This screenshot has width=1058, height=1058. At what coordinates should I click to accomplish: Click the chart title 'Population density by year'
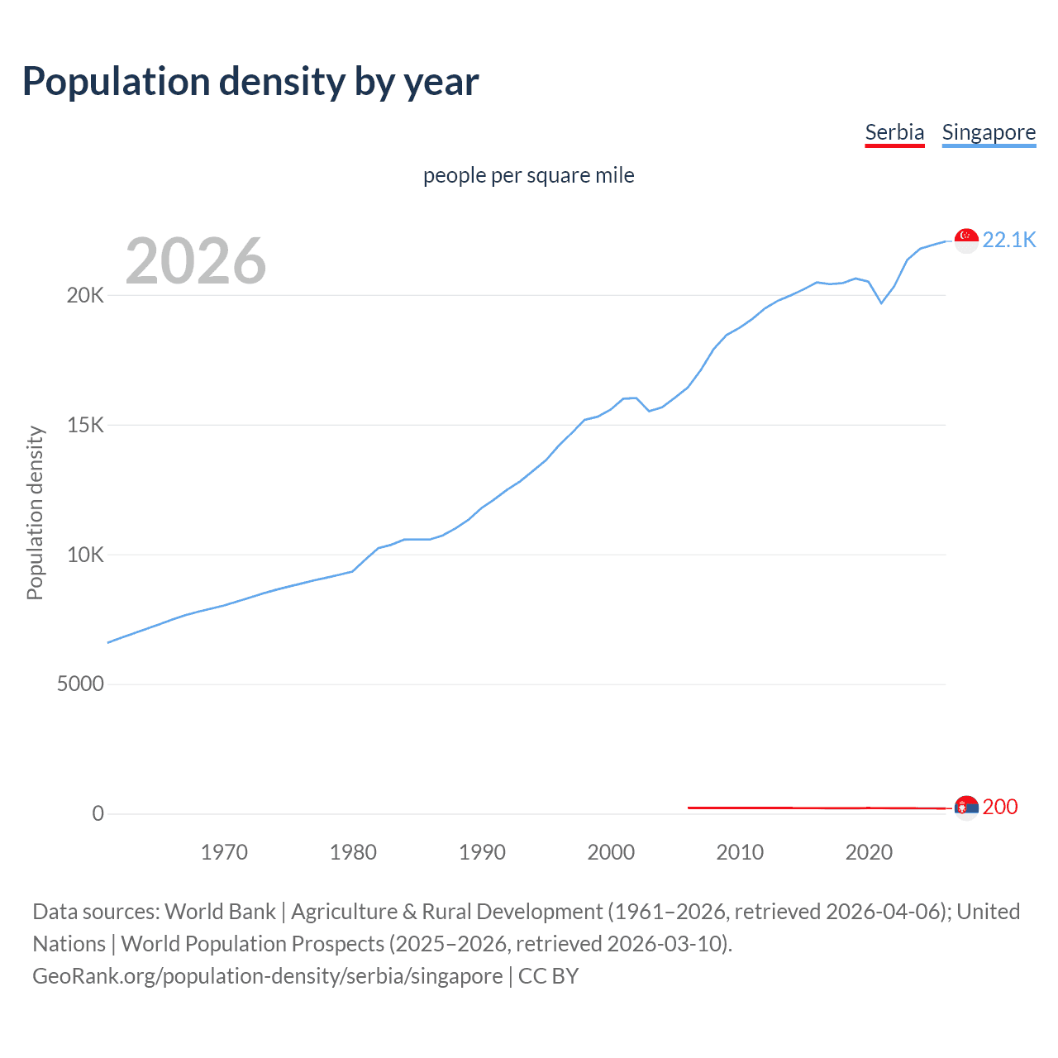[x=250, y=82]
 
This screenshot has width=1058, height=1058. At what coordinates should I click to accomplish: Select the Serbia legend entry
[x=894, y=132]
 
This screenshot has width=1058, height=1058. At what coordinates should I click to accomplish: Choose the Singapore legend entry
[x=989, y=132]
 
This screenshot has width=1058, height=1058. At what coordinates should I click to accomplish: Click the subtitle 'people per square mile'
[x=529, y=175]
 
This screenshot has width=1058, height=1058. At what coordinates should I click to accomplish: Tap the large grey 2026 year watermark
[x=196, y=261]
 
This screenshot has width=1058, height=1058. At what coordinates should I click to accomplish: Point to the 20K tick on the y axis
[x=85, y=295]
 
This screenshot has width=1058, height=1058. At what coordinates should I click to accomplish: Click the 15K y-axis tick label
[x=85, y=425]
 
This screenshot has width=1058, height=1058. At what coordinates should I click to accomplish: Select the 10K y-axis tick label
[x=85, y=555]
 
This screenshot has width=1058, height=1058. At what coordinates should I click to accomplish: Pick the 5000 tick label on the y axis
[x=80, y=684]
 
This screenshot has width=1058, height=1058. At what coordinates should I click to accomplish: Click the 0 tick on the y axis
[x=98, y=813]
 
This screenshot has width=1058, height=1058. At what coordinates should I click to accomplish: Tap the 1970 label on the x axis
[x=224, y=852]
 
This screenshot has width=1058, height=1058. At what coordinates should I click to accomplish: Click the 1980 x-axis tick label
[x=353, y=852]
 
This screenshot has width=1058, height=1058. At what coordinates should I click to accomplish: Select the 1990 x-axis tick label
[x=482, y=852]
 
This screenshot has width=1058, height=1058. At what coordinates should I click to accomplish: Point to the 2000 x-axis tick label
[x=611, y=852]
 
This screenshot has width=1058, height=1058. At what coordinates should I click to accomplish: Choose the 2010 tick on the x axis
[x=740, y=852]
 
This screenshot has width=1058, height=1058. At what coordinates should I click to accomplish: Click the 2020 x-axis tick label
[x=869, y=852]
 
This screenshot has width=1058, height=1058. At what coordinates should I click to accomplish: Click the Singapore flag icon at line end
[x=966, y=241]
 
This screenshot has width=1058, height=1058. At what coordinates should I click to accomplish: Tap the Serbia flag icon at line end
[x=966, y=808]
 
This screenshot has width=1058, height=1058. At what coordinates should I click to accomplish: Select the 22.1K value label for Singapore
[x=1008, y=240]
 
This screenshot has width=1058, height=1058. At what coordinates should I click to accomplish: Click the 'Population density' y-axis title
[x=35, y=512]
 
